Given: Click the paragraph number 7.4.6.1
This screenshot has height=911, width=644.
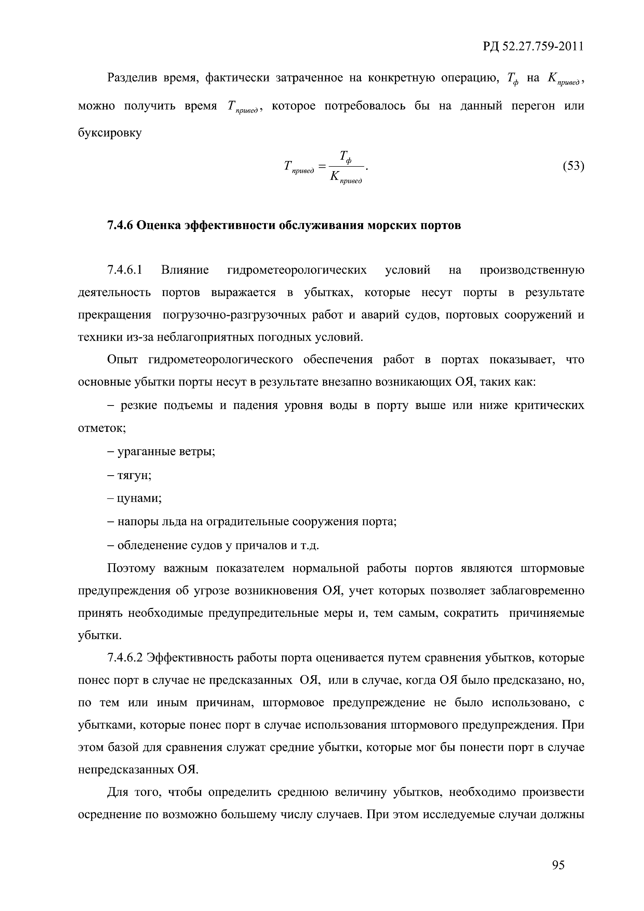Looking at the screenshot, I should [124, 270].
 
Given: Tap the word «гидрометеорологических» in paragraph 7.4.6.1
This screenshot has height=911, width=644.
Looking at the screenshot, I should [297, 270].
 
